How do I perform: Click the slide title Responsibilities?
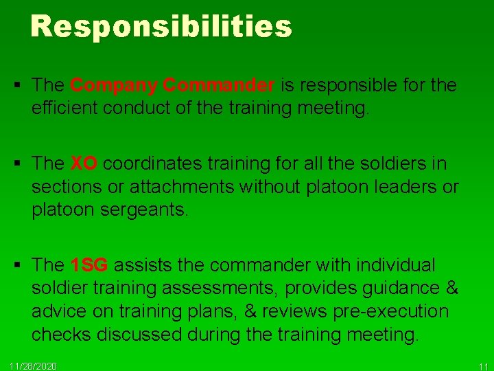pyautogui.click(x=161, y=26)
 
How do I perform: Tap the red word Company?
pyautogui.click(x=114, y=85)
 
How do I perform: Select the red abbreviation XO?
pyautogui.click(x=84, y=164)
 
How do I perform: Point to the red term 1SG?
pyautogui.click(x=89, y=265)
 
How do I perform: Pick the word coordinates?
pyautogui.click(x=143, y=164)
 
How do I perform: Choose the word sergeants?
pyautogui.click(x=143, y=210)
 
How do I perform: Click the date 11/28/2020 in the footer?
pyautogui.click(x=34, y=365)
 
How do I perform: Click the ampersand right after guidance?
pyautogui.click(x=451, y=288)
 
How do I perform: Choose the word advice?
pyautogui.click(x=60, y=311)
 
